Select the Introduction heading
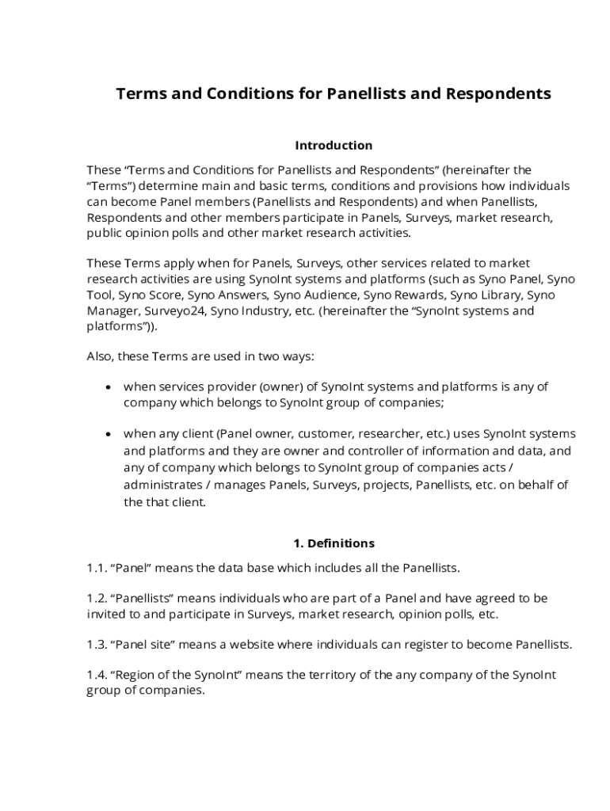[x=334, y=146]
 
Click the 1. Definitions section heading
[x=334, y=544]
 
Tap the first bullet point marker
[x=108, y=387]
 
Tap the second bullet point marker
[x=108, y=435]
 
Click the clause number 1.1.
[x=97, y=568]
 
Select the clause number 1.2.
[x=97, y=599]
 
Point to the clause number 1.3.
[x=97, y=645]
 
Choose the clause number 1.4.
[x=97, y=676]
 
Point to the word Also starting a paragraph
[x=100, y=357]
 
